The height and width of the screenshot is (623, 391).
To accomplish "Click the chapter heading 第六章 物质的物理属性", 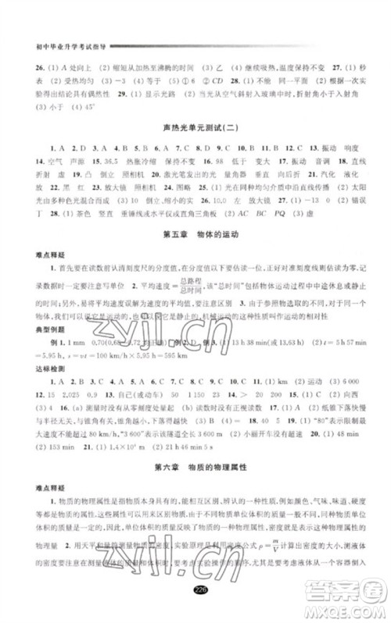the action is (x=196, y=466).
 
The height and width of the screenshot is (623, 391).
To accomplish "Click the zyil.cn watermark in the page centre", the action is (x=195, y=315).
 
